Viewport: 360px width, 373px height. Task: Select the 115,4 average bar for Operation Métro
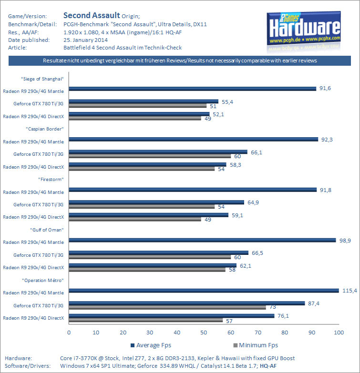tap(204, 290)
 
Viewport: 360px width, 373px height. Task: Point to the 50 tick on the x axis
tap(204, 332)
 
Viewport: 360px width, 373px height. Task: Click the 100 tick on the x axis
tap(339, 332)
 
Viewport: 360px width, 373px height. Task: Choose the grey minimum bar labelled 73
tap(167, 307)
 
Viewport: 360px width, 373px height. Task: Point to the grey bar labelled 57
tap(146, 320)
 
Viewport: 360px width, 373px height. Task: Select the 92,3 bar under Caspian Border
tap(193, 139)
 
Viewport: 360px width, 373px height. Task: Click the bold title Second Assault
tap(92, 15)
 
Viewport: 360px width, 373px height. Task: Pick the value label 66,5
tap(257, 252)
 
